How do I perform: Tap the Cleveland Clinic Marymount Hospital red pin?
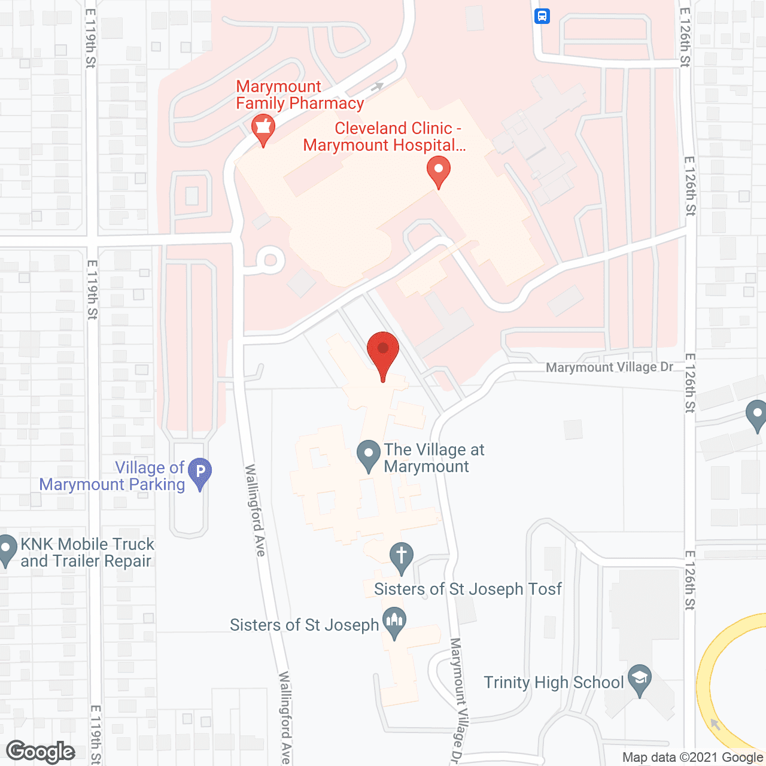point(439,170)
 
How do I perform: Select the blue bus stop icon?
point(542,16)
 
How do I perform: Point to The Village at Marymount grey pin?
point(369,455)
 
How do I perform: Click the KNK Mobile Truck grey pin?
point(7,549)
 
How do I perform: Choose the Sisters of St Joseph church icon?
point(394,621)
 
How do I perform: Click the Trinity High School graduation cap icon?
point(640,679)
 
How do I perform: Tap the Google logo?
point(41,752)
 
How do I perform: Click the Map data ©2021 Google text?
point(692,758)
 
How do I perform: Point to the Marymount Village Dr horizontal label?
point(609,367)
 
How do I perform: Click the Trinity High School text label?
point(554,682)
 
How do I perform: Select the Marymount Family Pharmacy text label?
point(299,95)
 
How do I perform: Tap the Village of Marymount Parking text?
point(113,476)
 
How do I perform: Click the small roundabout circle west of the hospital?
point(270,260)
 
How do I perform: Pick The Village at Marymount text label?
point(434,458)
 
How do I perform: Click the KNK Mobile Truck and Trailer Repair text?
point(87,552)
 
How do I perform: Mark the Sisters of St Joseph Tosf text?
point(467,589)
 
